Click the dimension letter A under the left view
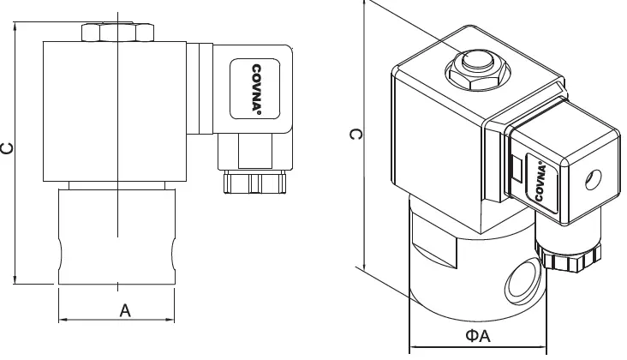click(125, 311)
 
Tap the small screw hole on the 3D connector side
click(590, 181)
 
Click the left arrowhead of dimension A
click(62, 321)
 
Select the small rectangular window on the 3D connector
click(517, 169)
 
